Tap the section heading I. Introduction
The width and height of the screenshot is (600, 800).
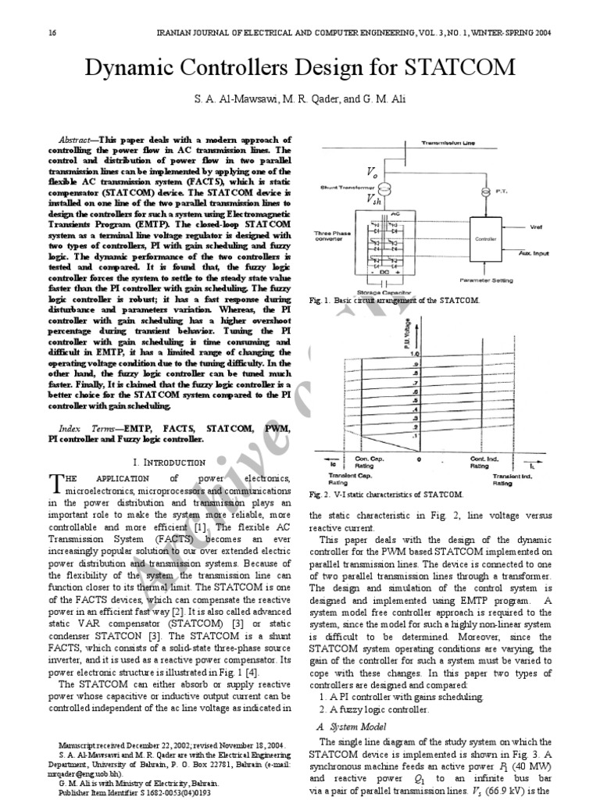(170, 462)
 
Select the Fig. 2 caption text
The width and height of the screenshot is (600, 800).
(387, 495)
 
